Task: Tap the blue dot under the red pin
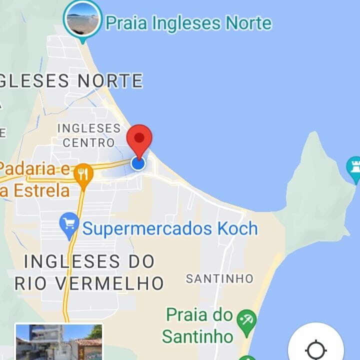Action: click(138, 163)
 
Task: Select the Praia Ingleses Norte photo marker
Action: click(82, 18)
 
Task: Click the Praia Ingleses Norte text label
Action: click(188, 22)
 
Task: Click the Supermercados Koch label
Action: click(170, 229)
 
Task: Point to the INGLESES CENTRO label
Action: click(89, 135)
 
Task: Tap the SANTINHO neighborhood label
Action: click(219, 278)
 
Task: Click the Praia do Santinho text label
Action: click(199, 325)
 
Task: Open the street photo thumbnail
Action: click(59, 342)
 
